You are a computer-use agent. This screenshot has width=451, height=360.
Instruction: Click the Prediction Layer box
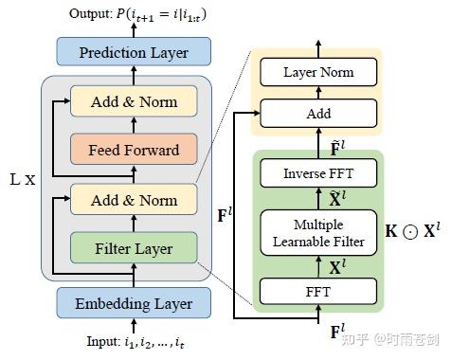[x=133, y=51]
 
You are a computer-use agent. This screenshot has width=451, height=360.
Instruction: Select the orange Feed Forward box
[x=133, y=150]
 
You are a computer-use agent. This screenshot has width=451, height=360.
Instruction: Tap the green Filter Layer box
[x=133, y=248]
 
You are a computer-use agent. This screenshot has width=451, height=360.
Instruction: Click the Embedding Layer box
[x=133, y=303]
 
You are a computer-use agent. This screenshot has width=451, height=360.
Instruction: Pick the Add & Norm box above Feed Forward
[x=133, y=100]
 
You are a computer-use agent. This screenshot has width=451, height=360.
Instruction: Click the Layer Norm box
[x=317, y=72]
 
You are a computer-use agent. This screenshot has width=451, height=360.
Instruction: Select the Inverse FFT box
[x=317, y=173]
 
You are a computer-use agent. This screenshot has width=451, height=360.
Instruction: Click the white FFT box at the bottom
[x=317, y=291]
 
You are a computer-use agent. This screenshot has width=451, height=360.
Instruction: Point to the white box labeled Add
[x=317, y=113]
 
